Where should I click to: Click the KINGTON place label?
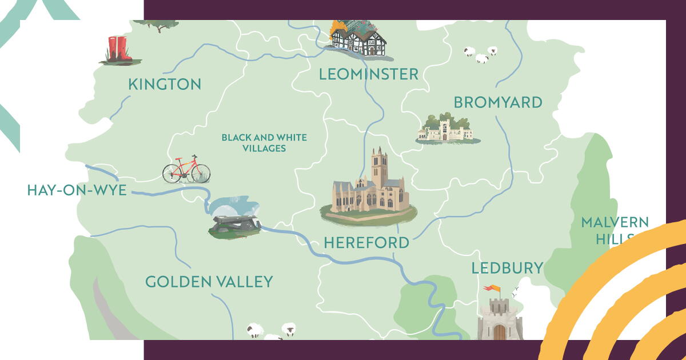pos(165,85)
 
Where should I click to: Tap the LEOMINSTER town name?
pos(368,74)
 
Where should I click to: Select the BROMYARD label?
pos(497,102)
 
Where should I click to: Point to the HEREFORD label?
pos(366,242)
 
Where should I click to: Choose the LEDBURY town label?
pos(506,268)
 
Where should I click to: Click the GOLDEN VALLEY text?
pos(209,282)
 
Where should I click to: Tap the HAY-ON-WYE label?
pos(77,190)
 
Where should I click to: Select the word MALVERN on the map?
pos(615,222)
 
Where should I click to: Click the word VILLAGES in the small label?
pos(264,149)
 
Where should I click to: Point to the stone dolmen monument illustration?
pos(234,225)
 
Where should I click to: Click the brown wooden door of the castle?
pos(500,332)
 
